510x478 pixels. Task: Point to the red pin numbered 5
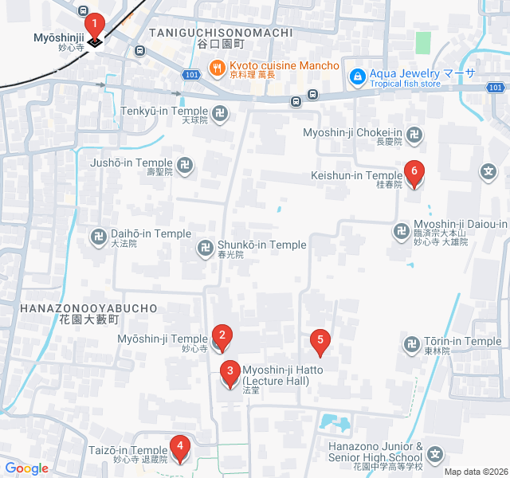[320, 340]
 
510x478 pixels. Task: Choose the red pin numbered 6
[414, 171]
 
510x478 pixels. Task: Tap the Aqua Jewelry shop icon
[358, 76]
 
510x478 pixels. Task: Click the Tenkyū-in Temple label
[165, 112]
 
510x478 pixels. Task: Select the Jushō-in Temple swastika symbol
[185, 166]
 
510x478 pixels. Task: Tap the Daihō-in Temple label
[150, 233]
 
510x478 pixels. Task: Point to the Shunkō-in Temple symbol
[205, 249]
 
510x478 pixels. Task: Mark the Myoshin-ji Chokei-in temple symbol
[413, 136]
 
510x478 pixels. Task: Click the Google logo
[25, 468]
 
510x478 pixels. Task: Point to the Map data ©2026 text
[476, 472]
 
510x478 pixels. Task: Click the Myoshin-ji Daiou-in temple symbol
[401, 232]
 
